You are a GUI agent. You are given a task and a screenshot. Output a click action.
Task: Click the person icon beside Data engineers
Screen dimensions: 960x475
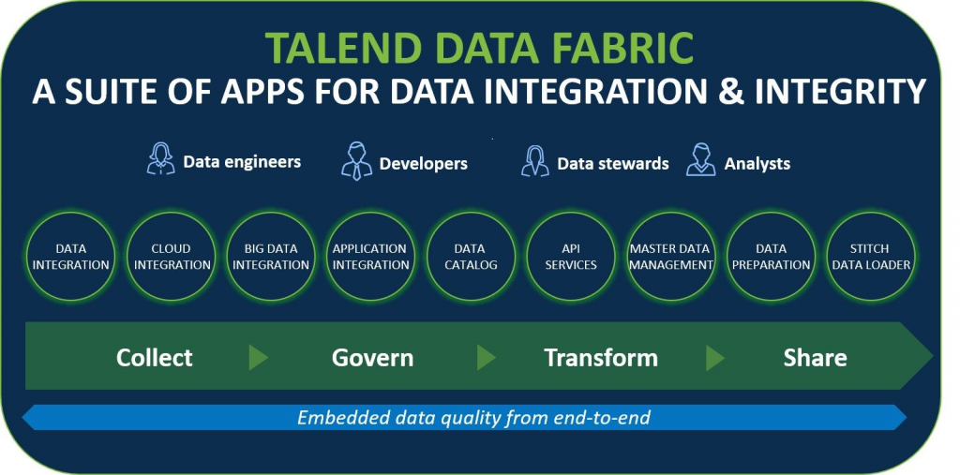[161, 159]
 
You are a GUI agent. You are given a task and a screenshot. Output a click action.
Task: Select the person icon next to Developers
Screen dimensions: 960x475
[356, 161]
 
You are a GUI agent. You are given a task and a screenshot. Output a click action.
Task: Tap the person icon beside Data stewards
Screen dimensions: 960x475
[534, 161]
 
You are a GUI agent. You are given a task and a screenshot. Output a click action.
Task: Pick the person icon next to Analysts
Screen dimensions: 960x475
[701, 160]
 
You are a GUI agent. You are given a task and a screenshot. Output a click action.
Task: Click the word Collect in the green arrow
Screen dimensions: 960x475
[155, 358]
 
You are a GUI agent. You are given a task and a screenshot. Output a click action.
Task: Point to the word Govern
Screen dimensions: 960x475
[372, 358]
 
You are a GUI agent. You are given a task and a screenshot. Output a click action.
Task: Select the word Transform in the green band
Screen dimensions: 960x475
[601, 358]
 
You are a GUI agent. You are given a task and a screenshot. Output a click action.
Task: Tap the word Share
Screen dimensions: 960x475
[815, 358]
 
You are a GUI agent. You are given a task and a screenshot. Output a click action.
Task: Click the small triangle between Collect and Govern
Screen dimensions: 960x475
[258, 358]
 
